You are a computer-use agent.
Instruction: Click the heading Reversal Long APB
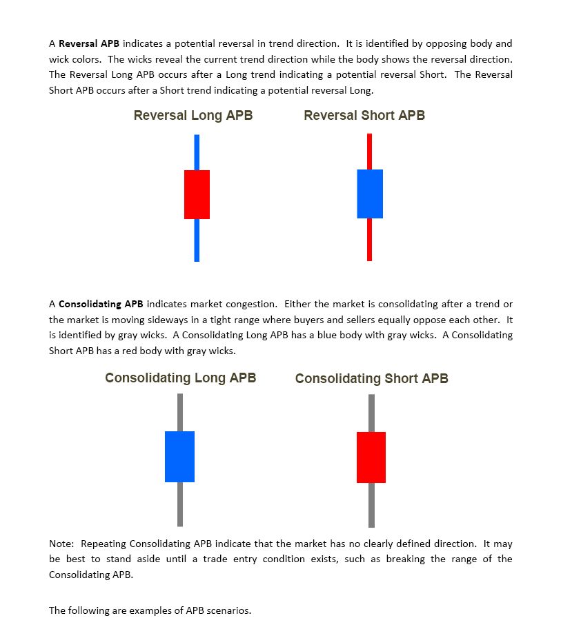(193, 115)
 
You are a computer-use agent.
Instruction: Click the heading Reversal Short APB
(364, 115)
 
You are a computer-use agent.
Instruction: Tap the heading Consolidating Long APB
(181, 378)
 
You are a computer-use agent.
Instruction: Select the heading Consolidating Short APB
(371, 378)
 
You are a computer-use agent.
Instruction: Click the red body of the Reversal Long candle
(197, 194)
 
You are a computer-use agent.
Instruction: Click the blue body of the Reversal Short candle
(369, 194)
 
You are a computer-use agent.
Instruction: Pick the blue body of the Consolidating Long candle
(179, 456)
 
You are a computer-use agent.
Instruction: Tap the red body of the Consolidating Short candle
(371, 457)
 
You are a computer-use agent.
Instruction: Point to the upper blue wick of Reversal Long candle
(197, 152)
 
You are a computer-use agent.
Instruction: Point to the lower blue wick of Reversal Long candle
(197, 240)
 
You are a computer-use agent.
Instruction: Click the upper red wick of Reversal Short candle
(369, 151)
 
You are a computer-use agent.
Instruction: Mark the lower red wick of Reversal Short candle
(369, 239)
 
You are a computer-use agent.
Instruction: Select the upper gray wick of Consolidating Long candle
(180, 412)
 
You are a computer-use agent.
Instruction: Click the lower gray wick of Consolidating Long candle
(180, 504)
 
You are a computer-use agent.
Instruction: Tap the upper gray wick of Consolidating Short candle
(371, 413)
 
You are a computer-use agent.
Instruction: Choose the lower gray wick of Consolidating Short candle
(371, 504)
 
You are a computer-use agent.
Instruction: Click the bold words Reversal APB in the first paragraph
(89, 44)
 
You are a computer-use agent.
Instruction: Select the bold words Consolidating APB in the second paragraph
(101, 304)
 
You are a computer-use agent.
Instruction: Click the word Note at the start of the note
(60, 544)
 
